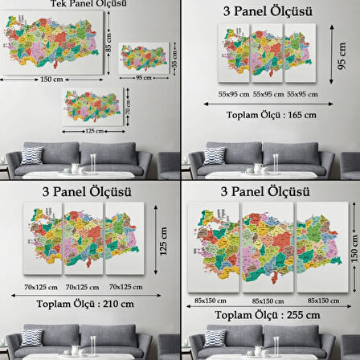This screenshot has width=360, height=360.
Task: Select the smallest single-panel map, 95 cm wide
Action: point(145,60)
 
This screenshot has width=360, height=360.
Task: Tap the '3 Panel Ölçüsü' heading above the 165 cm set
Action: point(269,14)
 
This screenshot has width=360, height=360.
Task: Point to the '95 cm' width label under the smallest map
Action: point(145,79)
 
